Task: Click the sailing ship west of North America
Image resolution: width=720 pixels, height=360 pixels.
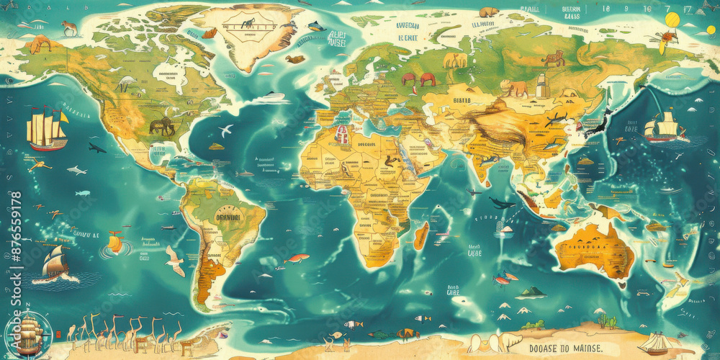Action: point(47,129)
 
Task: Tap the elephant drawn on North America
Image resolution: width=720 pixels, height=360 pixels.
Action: point(162,126)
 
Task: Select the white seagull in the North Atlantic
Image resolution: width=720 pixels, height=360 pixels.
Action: point(226,130)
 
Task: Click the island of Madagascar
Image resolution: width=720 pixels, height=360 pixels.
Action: point(421,236)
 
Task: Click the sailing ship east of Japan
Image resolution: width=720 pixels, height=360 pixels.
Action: point(663,127)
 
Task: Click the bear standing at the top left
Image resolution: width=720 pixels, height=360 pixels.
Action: point(69,28)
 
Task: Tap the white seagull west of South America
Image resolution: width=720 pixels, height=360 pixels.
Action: point(175,260)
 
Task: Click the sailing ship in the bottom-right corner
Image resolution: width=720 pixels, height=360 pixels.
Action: point(657,343)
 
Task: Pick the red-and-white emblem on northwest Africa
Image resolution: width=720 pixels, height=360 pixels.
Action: point(343,134)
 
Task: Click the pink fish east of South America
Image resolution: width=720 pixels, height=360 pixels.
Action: point(296,258)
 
